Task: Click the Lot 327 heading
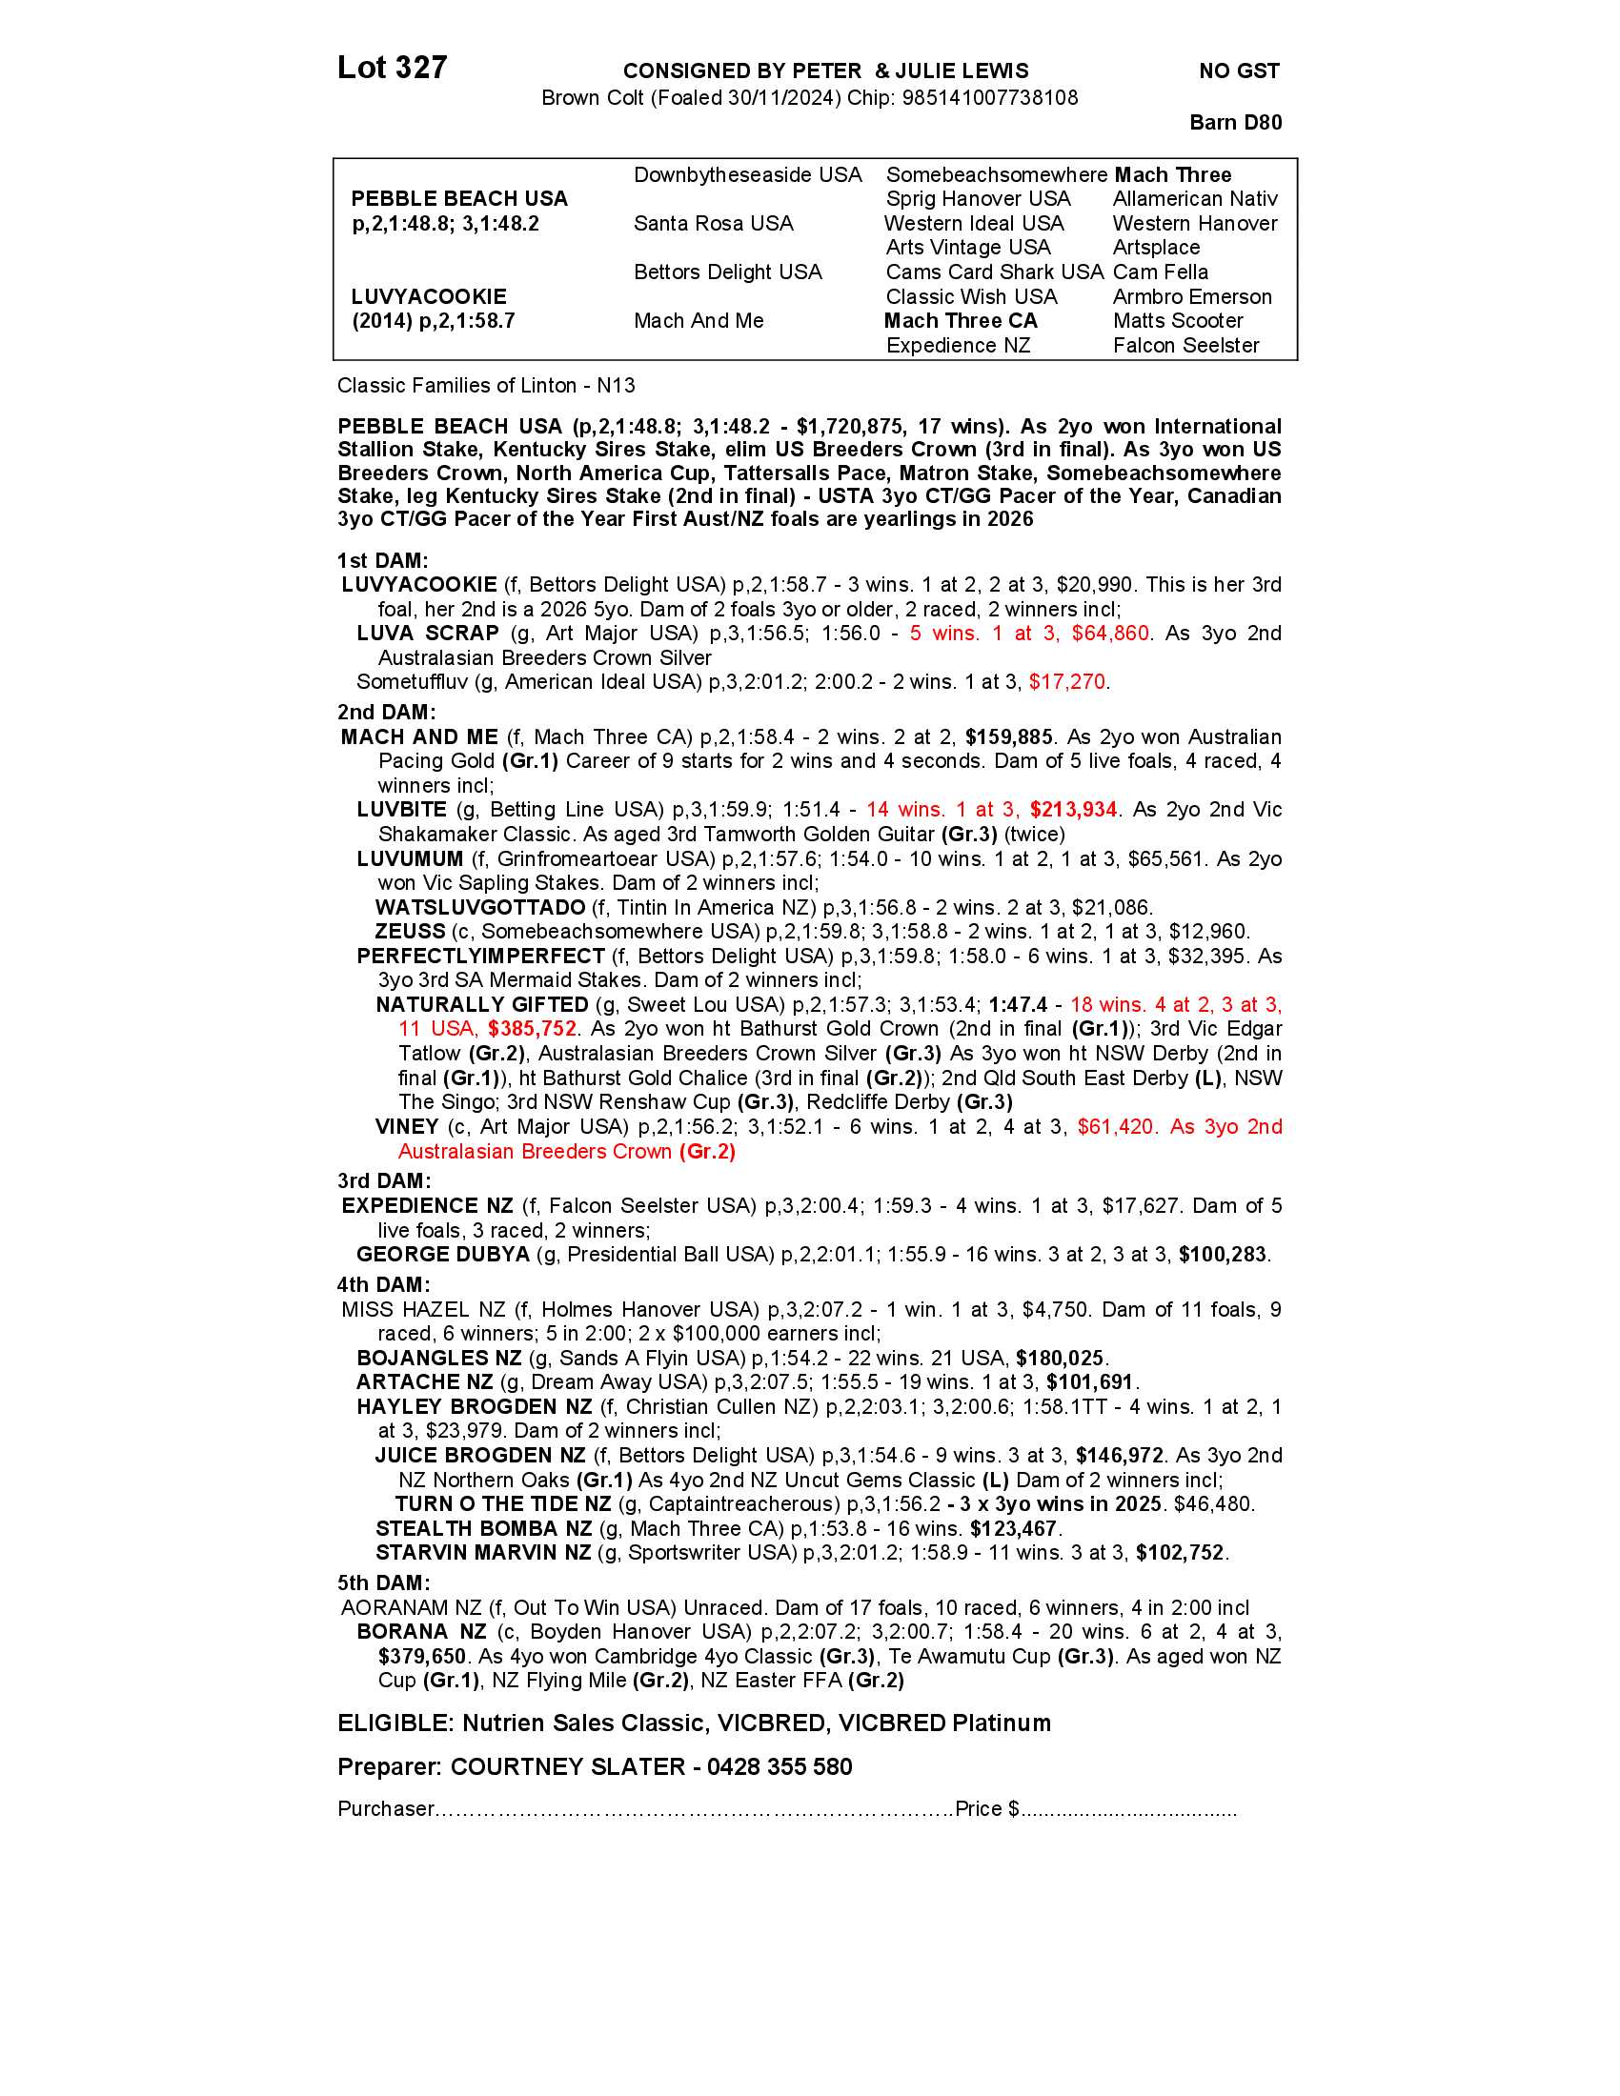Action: tap(392, 68)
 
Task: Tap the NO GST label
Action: tap(1239, 71)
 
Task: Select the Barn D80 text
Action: tap(1235, 122)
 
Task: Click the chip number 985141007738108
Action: tap(989, 98)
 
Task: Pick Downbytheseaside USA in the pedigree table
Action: tap(748, 174)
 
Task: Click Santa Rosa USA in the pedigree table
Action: tap(713, 224)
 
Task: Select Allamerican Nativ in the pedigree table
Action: tap(1195, 199)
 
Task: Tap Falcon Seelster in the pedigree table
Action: tap(1186, 346)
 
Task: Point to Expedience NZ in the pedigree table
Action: tap(958, 346)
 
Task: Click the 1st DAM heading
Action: tap(382, 560)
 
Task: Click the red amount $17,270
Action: tap(1067, 681)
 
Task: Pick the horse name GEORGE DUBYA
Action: tap(442, 1255)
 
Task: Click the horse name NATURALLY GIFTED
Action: tap(482, 1005)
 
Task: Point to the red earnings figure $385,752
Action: tap(532, 1029)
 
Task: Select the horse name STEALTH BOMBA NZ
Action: tap(484, 1529)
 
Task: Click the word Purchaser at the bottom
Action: tap(386, 1809)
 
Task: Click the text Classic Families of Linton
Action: tap(456, 386)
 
